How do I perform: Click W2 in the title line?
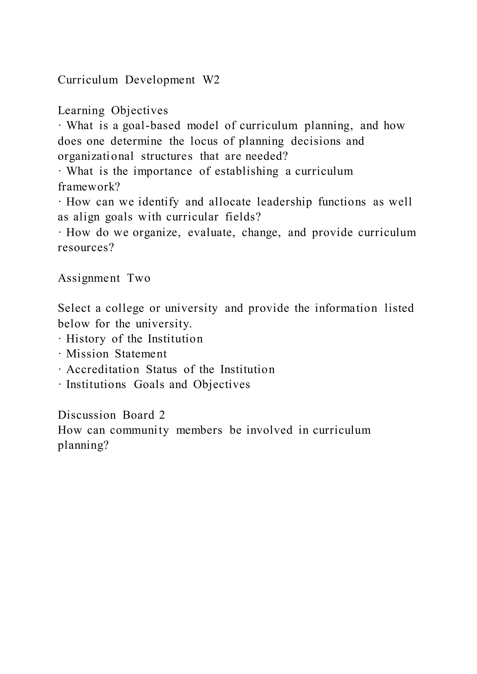pos(211,80)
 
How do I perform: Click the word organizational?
pos(96,156)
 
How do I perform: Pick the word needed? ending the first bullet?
pos(266,156)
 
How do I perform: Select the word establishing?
pos(246,172)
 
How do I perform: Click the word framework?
pos(89,187)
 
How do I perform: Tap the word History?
pos(86,339)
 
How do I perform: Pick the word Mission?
pos(88,354)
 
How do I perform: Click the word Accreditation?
pos(103,370)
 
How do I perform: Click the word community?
pos(140,430)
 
